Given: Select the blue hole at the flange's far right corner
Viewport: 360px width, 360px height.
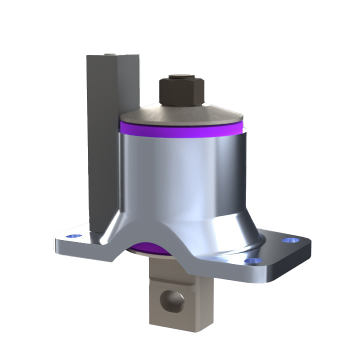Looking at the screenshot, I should pyautogui.click(x=288, y=240).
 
